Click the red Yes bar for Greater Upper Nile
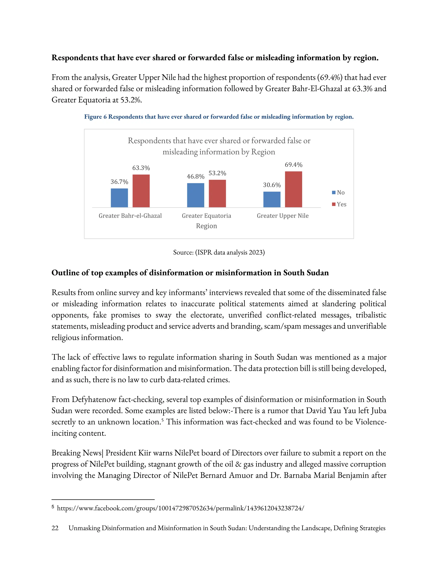[293, 189]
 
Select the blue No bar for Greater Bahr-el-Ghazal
[119, 198]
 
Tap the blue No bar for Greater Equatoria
[195, 195]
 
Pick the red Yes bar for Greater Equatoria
[217, 193]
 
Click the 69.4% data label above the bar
[293, 165]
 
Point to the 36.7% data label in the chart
[119, 182]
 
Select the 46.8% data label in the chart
[195, 177]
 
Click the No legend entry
[338, 193]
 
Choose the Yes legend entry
[339, 204]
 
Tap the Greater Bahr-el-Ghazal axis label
[130, 216]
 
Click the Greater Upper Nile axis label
[283, 216]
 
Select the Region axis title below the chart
[206, 226]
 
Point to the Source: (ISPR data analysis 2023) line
[219, 252]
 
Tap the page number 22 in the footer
[55, 528]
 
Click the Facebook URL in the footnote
[180, 508]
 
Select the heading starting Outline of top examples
[190, 273]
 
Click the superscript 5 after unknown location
[162, 420]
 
